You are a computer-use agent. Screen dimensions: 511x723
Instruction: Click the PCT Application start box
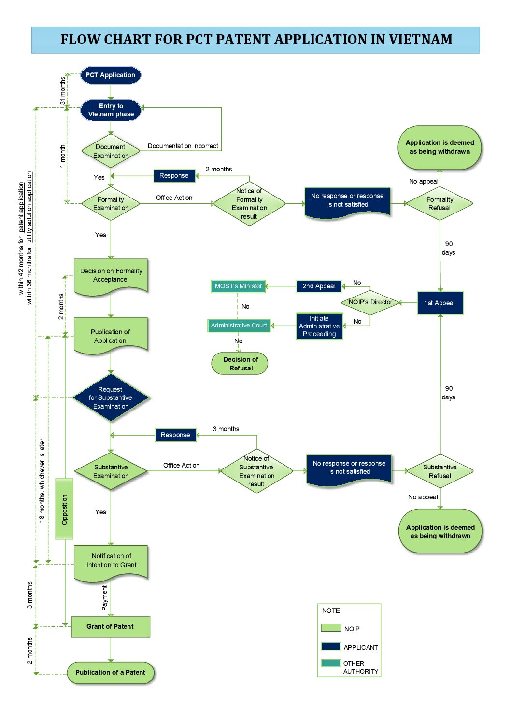[x=111, y=75]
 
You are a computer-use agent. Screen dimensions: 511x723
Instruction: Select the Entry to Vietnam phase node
[x=111, y=110]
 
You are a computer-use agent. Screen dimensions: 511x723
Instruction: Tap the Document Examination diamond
[x=111, y=151]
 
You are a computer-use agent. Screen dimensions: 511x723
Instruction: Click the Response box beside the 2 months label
[x=174, y=176]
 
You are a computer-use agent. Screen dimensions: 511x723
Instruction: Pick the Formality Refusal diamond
[x=440, y=204]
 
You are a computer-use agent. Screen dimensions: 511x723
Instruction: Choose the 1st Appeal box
[x=440, y=303]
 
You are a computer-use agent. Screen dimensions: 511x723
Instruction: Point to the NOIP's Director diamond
[x=370, y=302]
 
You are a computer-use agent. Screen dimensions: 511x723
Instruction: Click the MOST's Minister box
[x=238, y=286]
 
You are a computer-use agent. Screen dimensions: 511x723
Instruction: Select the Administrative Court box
[x=239, y=326]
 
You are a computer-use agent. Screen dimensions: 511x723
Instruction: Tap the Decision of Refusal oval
[x=240, y=364]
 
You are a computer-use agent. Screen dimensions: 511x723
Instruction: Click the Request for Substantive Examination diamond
[x=111, y=397]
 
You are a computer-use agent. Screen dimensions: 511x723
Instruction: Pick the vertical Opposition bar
[x=64, y=509]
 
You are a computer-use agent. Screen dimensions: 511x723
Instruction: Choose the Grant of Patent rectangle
[x=111, y=626]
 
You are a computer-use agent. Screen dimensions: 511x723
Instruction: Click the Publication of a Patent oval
[x=111, y=673]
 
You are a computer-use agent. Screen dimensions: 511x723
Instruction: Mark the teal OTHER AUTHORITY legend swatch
[x=330, y=663]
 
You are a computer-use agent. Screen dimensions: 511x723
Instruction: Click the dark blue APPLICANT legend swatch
[x=330, y=646]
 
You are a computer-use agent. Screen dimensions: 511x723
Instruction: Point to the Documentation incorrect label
[x=183, y=146]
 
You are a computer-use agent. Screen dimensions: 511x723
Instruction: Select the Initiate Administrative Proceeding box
[x=319, y=326]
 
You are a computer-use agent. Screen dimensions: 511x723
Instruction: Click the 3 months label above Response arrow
[x=226, y=429]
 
